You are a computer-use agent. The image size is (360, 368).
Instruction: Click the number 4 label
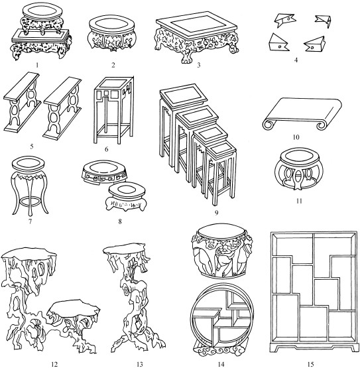296,60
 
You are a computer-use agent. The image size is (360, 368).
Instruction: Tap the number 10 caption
296,137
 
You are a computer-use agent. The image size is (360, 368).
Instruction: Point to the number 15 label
310,364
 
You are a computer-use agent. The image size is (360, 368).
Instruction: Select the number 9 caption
216,213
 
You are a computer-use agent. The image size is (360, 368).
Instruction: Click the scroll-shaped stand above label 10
302,113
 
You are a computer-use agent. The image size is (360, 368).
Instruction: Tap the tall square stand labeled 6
114,109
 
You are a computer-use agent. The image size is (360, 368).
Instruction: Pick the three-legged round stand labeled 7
30,186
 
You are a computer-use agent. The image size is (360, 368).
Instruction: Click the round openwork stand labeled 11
298,168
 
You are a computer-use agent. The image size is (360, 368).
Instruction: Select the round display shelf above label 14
222,320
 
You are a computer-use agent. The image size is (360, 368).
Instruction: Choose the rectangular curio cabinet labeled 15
314,292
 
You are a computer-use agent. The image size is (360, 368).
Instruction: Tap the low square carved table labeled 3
197,37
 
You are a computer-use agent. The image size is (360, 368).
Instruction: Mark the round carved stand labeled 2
112,33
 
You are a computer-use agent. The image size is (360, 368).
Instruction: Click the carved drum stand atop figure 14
222,251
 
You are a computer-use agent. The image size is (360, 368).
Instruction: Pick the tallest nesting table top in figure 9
184,97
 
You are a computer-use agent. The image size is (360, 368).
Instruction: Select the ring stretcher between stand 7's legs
30,202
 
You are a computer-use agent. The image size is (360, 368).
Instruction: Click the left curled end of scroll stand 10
268,124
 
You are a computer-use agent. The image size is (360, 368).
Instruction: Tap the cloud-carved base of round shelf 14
222,351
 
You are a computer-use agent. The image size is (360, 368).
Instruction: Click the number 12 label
54,364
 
